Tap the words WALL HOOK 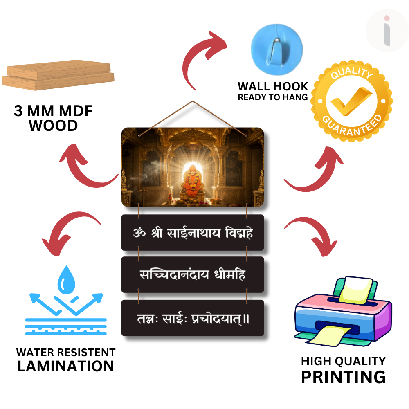273,86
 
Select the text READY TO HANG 273,97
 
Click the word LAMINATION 66,366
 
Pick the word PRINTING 343,377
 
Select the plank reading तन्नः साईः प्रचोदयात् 193,318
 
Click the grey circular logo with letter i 387,31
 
